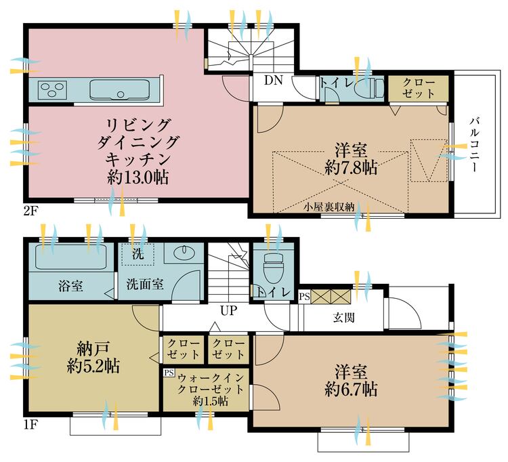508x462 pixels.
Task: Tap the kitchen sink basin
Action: (x=118, y=88)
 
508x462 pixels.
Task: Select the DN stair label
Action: (x=273, y=81)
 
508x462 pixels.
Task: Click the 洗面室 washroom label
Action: (x=144, y=285)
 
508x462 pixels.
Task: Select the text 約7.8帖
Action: (x=351, y=167)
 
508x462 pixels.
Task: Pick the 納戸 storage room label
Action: (x=93, y=350)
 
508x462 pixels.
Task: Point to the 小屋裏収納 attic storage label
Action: (x=328, y=207)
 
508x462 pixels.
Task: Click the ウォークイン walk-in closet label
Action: (x=206, y=376)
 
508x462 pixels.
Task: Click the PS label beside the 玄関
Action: (x=303, y=296)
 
